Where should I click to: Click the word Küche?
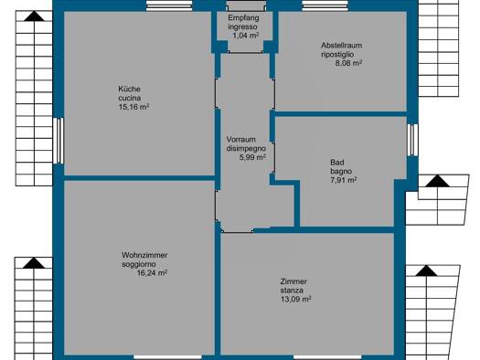(x=129, y=89)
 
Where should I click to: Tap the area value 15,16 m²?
(x=133, y=107)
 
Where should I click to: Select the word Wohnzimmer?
(x=144, y=255)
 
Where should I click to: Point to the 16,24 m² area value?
(x=152, y=273)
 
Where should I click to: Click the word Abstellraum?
(x=341, y=46)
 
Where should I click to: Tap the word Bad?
(x=337, y=162)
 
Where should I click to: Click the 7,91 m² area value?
(x=343, y=180)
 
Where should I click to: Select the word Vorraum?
(x=241, y=140)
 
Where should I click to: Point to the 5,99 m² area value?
(x=252, y=157)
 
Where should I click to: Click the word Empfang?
(x=243, y=17)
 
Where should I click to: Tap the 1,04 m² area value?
(x=246, y=36)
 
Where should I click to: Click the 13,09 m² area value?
(x=295, y=299)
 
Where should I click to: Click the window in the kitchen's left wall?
(x=59, y=141)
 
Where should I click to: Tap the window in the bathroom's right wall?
(x=412, y=140)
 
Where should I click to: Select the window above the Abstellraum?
(x=325, y=5)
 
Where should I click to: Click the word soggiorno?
(x=139, y=264)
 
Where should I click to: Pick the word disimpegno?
(x=246, y=149)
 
